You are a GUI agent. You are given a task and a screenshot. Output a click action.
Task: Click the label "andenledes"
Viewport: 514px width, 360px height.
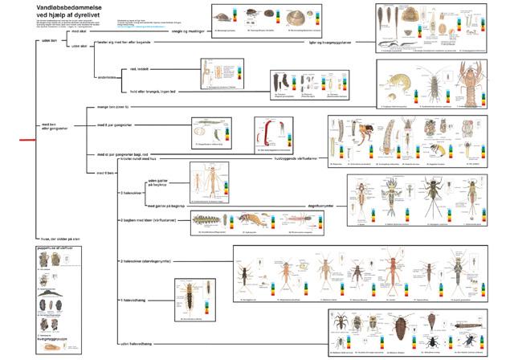coord(108,78)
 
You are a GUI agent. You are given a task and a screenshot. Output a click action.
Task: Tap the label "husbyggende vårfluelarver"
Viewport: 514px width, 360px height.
coord(299,158)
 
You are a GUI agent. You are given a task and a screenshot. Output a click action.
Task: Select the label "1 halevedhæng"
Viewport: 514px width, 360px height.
coord(134,298)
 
